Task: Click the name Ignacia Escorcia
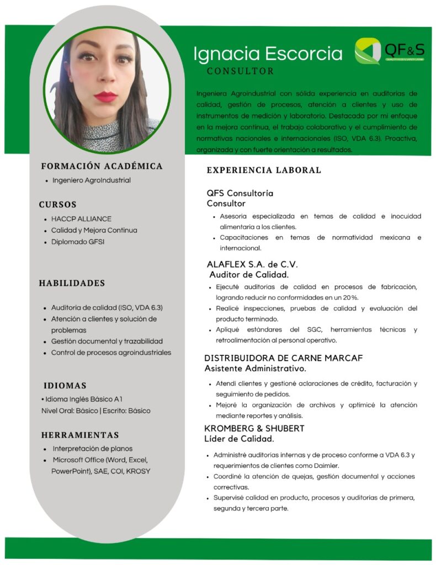coord(268,54)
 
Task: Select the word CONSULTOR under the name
coord(240,71)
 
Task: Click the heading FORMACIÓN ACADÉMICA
coord(102,166)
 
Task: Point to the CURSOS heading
coord(57,205)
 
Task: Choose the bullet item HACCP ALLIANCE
coord(81,219)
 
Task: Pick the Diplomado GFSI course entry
coord(78,242)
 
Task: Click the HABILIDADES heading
coord(72,283)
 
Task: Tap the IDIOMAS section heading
coord(65,385)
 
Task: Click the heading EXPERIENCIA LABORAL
coord(264,170)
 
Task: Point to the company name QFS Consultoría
coord(240,193)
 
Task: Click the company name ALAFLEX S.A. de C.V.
coord(252,264)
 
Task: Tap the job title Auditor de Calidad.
coord(249,274)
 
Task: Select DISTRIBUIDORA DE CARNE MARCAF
coord(283,358)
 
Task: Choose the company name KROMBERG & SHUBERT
coord(254,428)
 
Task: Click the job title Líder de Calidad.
coord(240,439)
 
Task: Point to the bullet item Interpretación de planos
coord(92,449)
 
